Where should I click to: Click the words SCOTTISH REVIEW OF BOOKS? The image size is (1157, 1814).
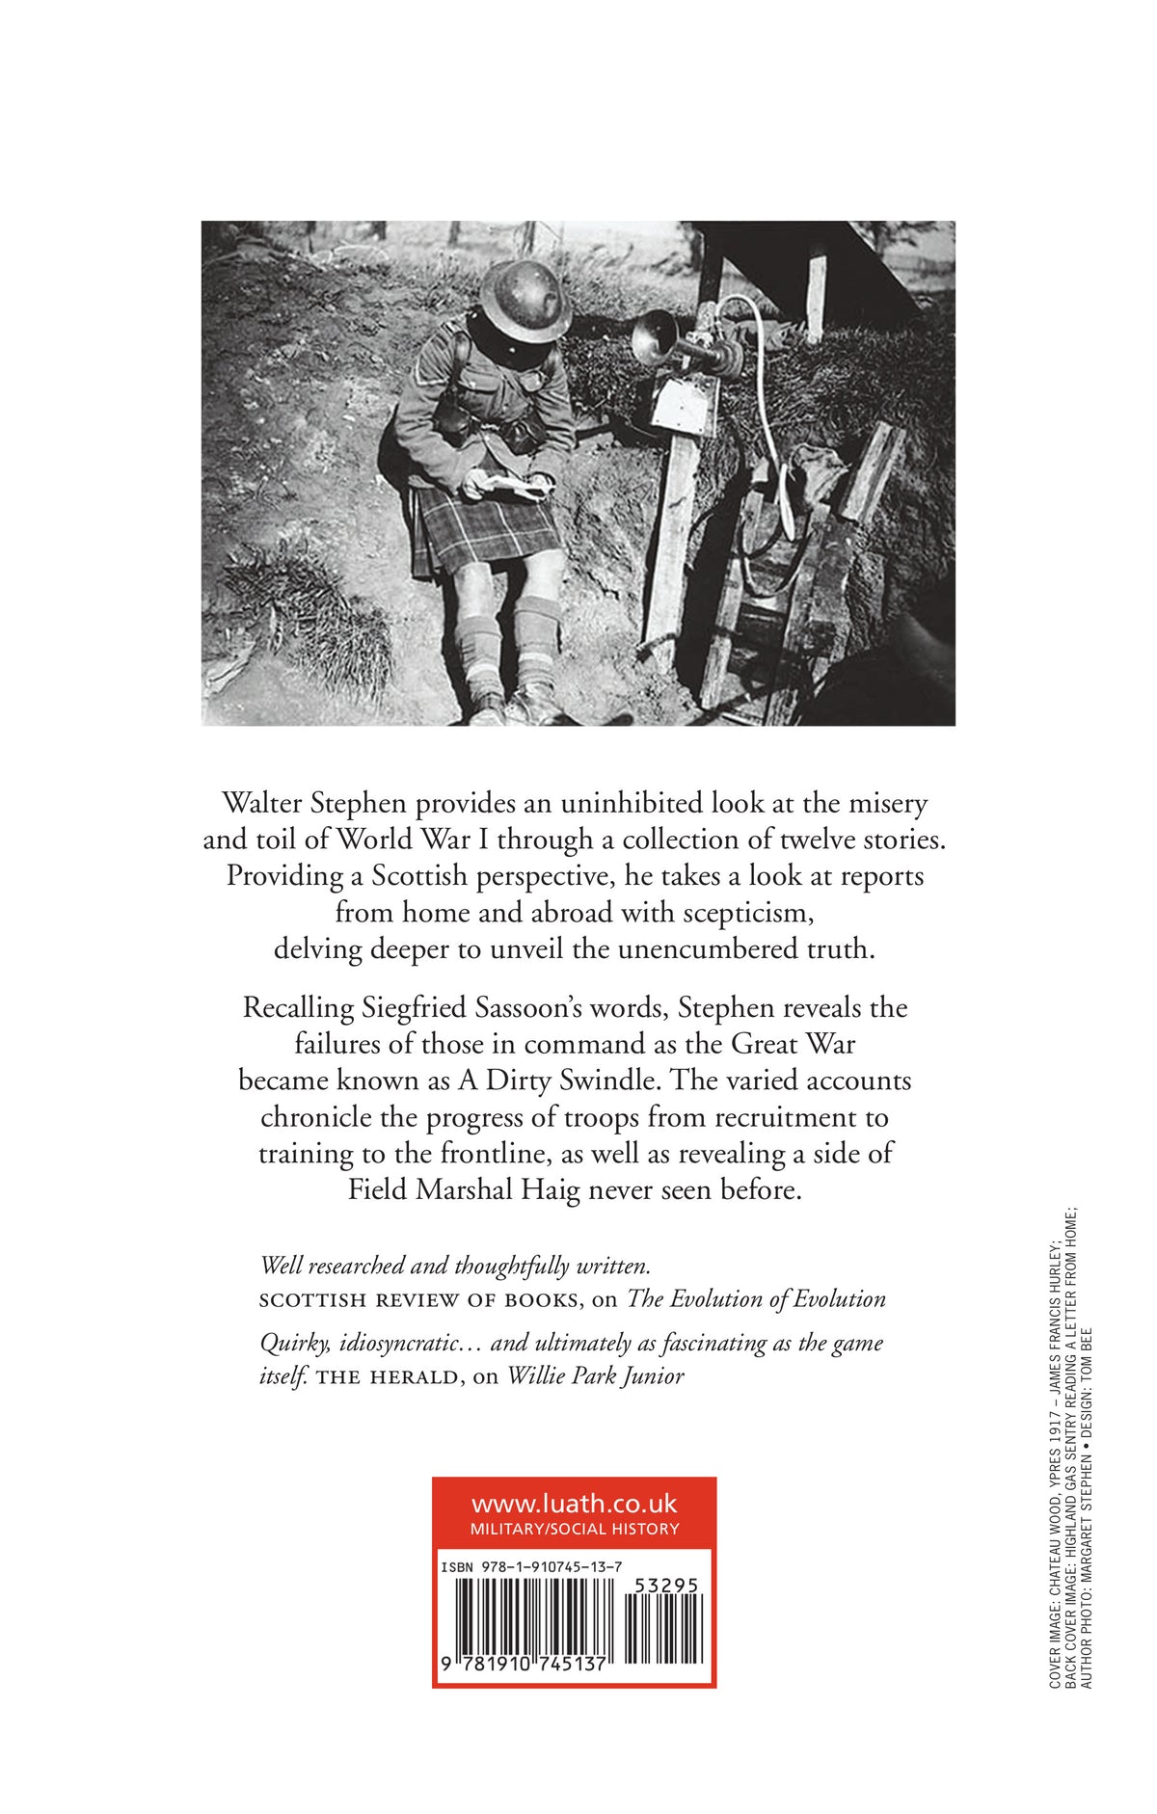pyautogui.click(x=419, y=1300)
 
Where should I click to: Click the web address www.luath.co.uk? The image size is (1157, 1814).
pyautogui.click(x=574, y=1505)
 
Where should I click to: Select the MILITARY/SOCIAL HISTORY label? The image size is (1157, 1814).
pyautogui.click(x=574, y=1529)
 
